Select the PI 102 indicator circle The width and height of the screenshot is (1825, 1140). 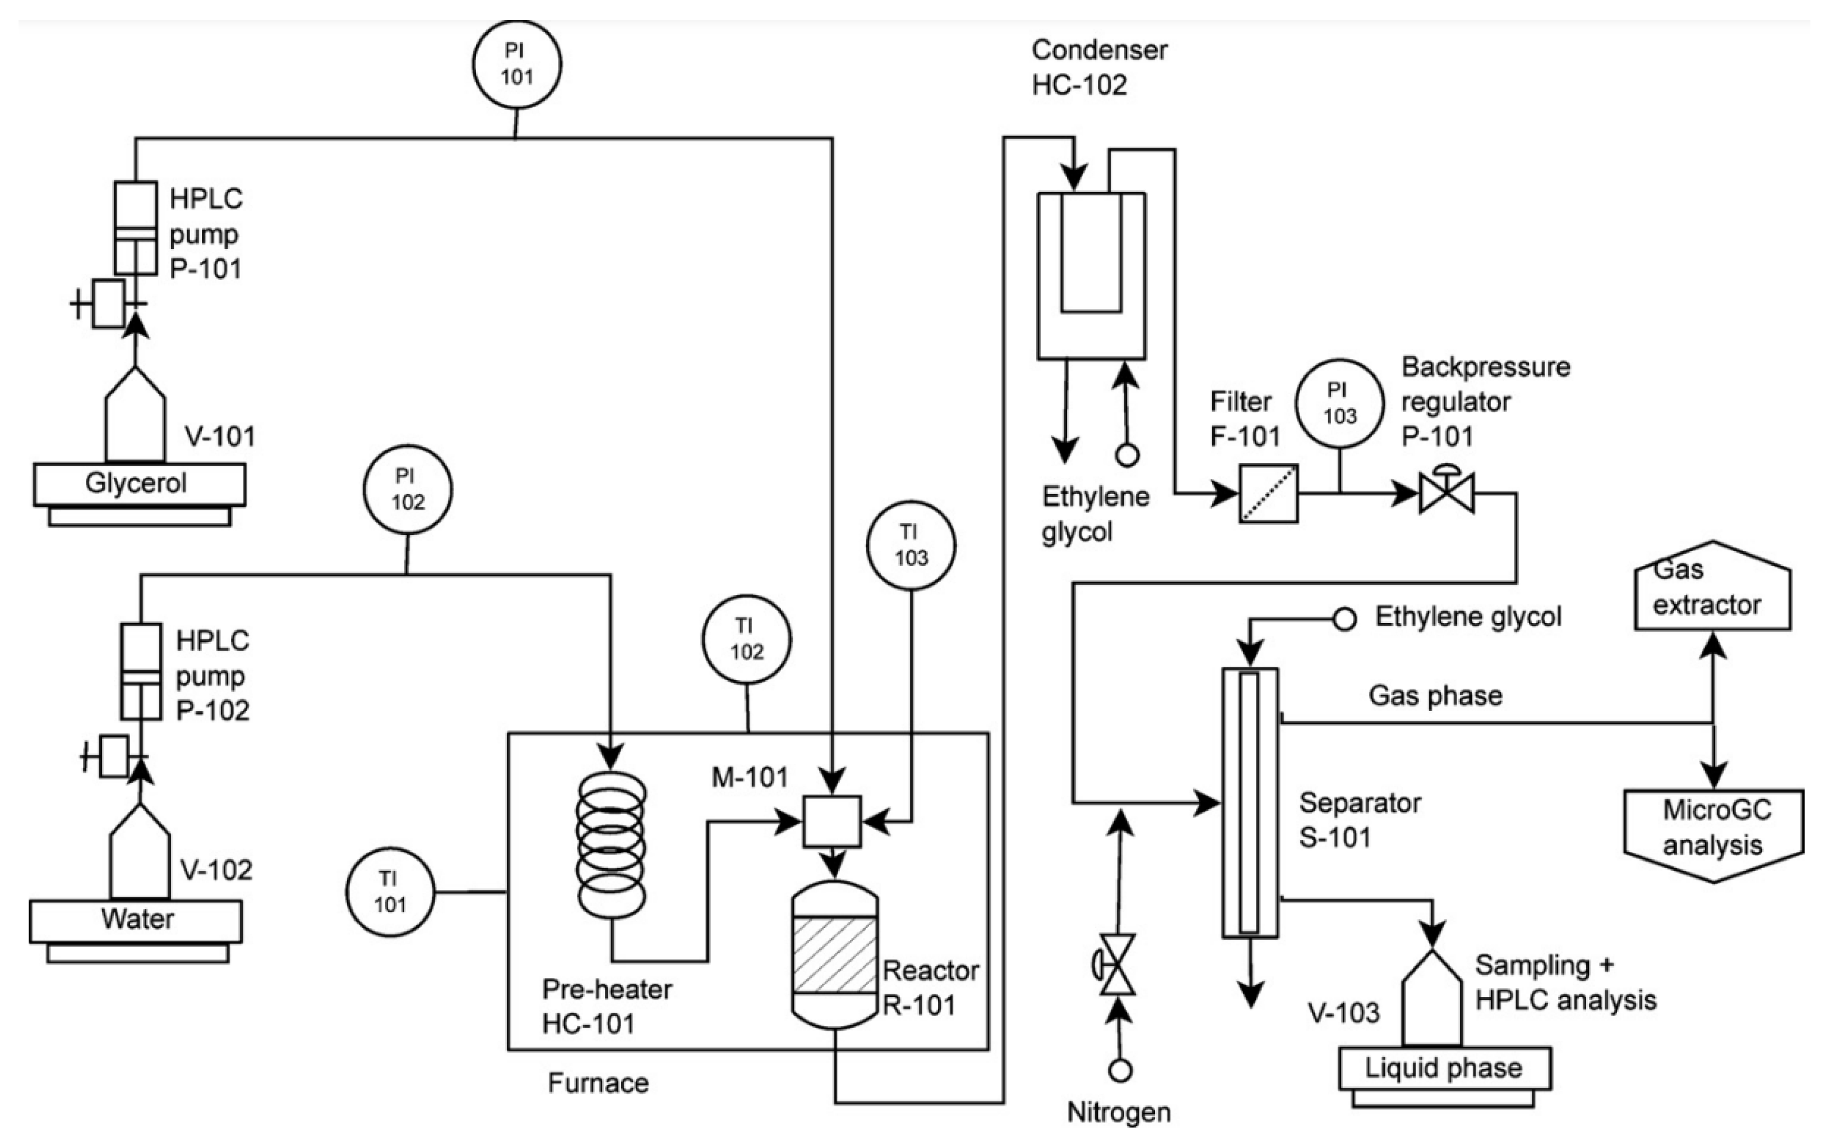(407, 490)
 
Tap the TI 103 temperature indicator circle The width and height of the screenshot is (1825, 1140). (911, 545)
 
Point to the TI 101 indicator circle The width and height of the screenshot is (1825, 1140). (390, 892)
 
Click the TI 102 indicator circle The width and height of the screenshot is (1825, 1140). (746, 639)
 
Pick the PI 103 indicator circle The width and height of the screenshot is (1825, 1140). (1339, 403)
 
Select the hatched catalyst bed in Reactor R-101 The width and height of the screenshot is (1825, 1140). (834, 954)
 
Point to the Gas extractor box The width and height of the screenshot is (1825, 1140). (1713, 588)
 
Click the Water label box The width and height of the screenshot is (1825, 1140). (136, 920)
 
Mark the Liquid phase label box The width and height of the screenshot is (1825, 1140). (1444, 1068)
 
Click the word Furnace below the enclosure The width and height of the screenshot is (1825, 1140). (598, 1083)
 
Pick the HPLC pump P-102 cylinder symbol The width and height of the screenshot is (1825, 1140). (141, 671)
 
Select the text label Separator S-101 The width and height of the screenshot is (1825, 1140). (1359, 820)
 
